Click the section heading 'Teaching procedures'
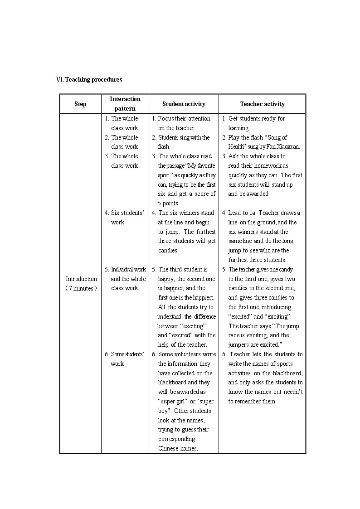93,79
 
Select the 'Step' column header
80,104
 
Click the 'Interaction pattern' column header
125,104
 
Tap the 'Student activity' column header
184,104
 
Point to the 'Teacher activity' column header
262,104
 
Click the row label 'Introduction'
81,279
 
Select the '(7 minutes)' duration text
81,288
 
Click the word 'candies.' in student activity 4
168,251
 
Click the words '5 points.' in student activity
169,203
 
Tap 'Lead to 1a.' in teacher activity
243,213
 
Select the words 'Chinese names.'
178,448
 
